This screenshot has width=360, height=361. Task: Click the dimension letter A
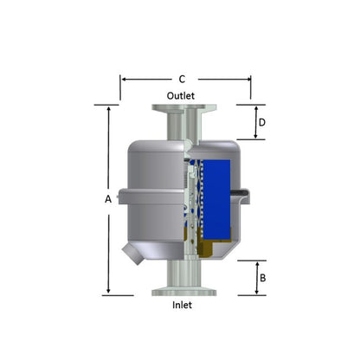point(108,199)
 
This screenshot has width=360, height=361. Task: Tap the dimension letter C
point(181,79)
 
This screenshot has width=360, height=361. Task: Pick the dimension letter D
point(261,123)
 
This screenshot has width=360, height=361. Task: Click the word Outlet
point(181,95)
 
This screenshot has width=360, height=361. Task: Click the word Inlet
point(182,305)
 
